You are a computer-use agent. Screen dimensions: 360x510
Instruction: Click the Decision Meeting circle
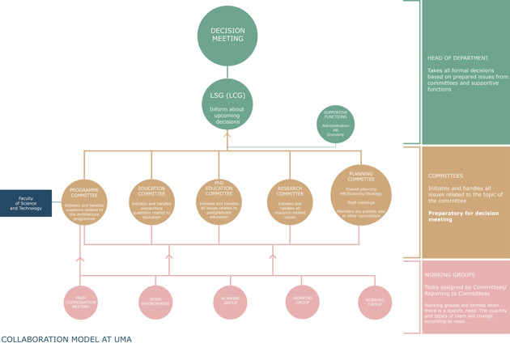(227, 36)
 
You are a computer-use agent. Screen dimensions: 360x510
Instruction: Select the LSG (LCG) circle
(227, 104)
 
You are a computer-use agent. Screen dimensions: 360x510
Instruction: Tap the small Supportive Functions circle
(335, 125)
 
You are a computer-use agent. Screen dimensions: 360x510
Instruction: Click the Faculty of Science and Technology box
(26, 203)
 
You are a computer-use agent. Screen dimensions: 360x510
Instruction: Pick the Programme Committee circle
(84, 202)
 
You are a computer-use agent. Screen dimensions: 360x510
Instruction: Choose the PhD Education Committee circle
(219, 202)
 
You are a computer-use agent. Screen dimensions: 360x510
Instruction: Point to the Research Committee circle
(290, 202)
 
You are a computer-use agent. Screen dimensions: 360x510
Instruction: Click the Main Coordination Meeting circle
(81, 303)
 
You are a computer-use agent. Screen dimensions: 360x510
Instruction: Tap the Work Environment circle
(155, 303)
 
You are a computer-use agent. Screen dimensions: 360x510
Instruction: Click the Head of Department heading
(457, 58)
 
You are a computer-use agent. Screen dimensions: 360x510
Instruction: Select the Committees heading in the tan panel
(445, 176)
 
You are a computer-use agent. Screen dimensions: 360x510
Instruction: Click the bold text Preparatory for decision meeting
(464, 216)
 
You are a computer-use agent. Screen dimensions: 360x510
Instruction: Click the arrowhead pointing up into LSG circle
(227, 134)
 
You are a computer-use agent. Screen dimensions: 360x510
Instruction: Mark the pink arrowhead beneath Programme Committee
(80, 259)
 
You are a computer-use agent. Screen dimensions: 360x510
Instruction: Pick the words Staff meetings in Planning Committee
(361, 202)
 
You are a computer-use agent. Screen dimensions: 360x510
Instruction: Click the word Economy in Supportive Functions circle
(335, 134)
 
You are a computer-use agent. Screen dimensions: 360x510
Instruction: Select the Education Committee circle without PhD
(151, 202)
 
